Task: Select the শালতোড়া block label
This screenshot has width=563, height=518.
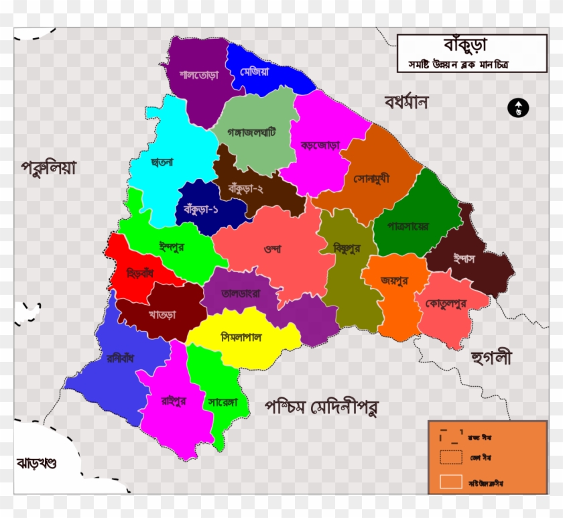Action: (198, 74)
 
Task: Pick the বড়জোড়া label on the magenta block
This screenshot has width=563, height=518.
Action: (320, 145)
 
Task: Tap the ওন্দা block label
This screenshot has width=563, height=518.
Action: (271, 249)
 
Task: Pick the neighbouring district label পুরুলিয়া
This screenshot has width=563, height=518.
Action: (48, 167)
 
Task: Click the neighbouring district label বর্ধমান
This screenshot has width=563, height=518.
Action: (405, 103)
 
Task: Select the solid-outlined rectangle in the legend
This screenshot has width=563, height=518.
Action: (450, 481)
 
